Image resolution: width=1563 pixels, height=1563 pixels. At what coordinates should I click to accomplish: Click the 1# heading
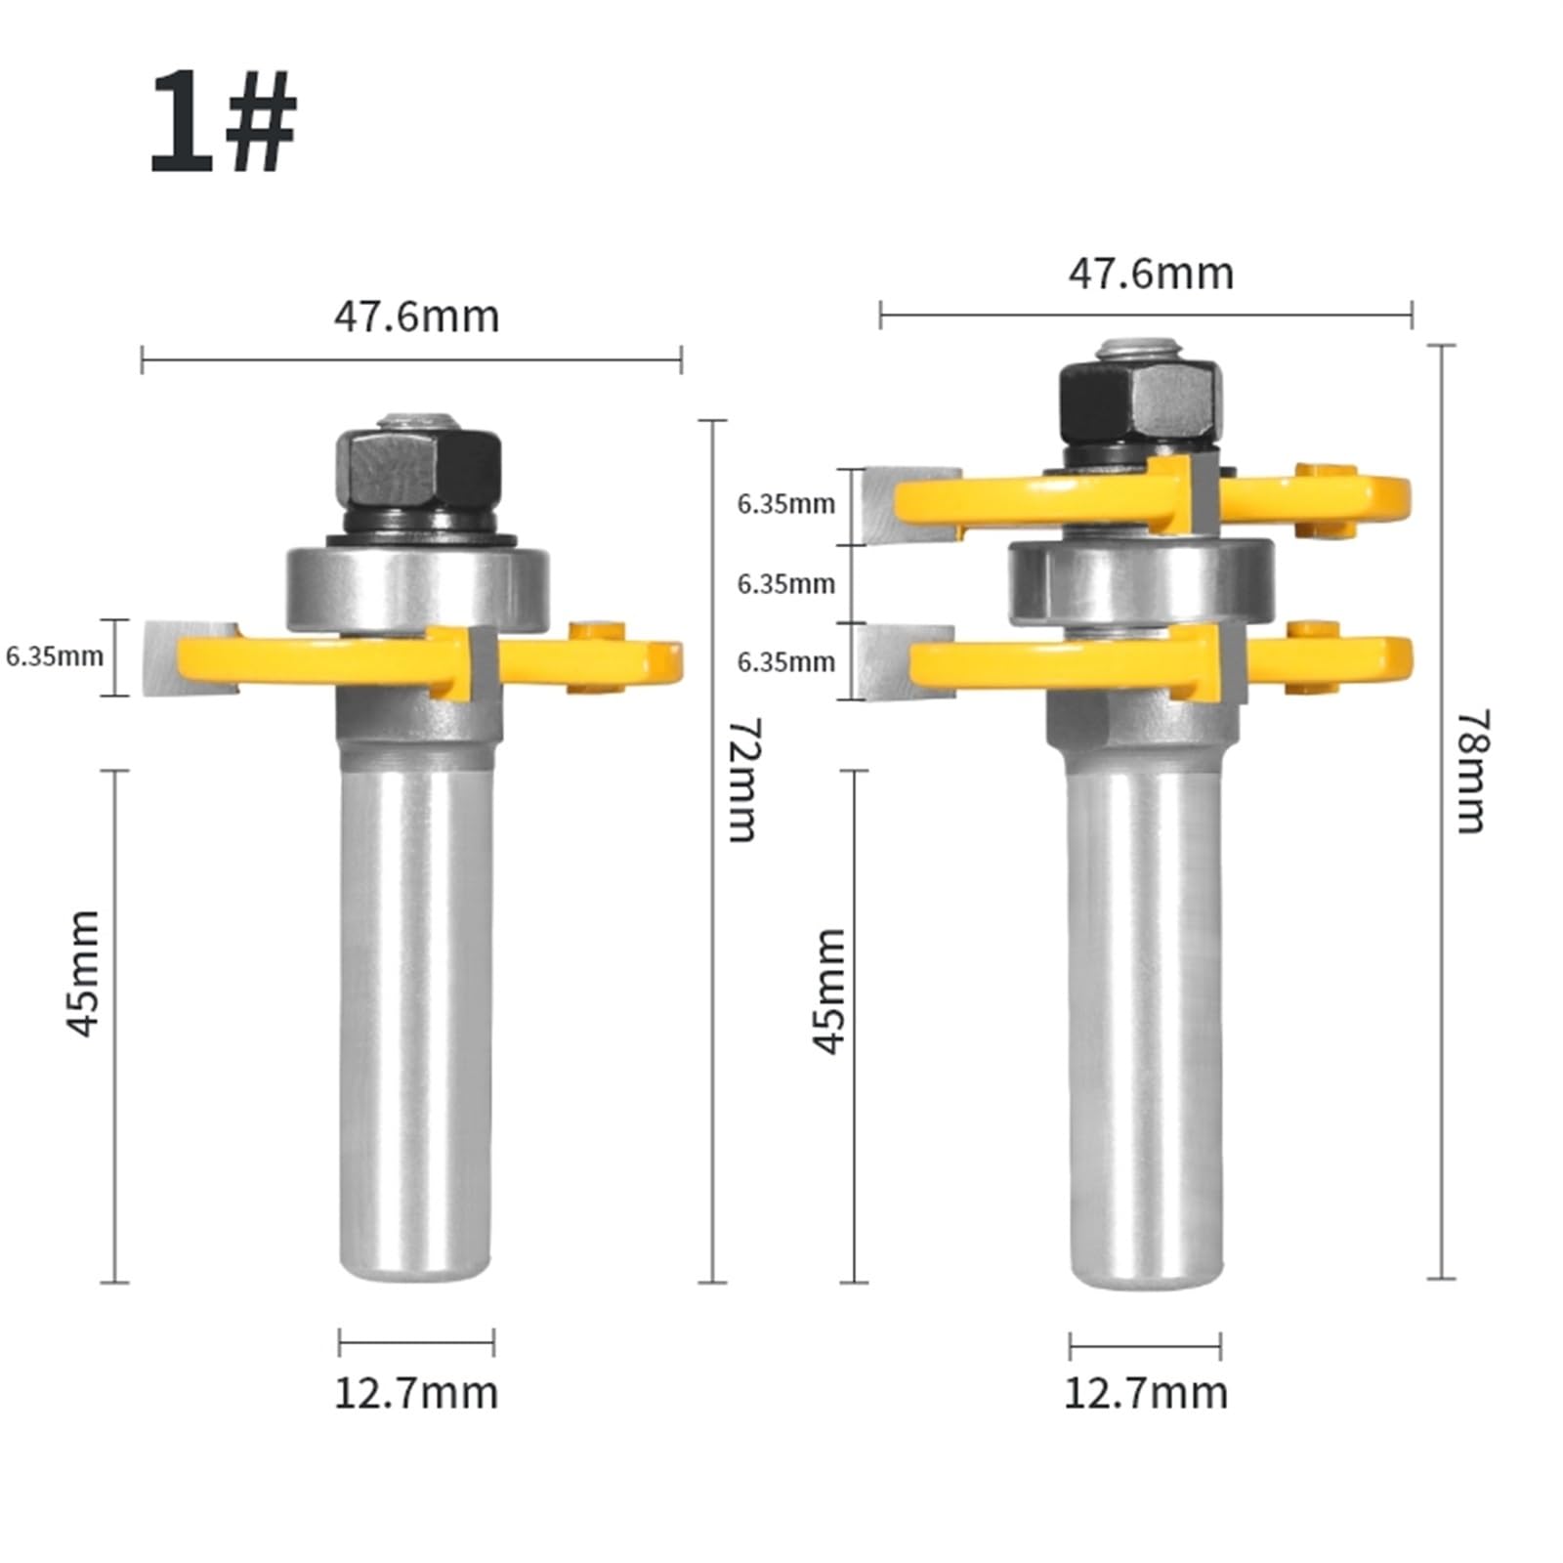pos(223,124)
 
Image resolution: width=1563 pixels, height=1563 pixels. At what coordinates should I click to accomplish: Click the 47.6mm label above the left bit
pos(416,317)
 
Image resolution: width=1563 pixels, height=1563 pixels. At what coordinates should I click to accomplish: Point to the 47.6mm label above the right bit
pos(1150,273)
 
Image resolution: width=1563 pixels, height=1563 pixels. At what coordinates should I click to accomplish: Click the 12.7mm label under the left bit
pos(416,1392)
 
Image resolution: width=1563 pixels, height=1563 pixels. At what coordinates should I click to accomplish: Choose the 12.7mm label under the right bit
pos(1145,1392)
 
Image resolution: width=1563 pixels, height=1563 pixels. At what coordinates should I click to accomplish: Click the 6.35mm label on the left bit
pos(55,655)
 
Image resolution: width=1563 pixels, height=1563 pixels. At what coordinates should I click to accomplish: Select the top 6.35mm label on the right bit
pos(785,504)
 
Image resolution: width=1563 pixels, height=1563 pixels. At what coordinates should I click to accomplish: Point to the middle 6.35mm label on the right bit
pos(785,583)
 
